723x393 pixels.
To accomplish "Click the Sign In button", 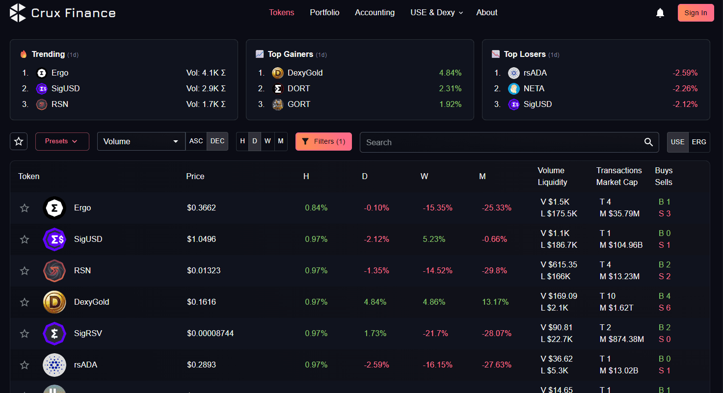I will (696, 13).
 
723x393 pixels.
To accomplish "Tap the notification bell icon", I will (660, 13).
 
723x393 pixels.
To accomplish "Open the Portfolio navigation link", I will (324, 13).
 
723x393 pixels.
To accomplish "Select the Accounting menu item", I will (375, 13).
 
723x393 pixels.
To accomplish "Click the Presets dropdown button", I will (62, 141).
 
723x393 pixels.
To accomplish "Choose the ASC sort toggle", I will (196, 141).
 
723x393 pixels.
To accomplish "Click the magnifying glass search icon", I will (648, 142).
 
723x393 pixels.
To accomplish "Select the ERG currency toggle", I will (698, 142).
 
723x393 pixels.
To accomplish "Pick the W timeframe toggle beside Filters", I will (268, 141).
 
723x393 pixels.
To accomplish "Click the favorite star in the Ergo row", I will (25, 208).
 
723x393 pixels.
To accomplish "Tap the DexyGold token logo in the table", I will (54, 302).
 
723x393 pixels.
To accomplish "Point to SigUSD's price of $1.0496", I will (201, 239).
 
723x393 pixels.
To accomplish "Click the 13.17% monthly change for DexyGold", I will (495, 302).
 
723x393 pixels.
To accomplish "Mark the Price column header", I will (195, 177).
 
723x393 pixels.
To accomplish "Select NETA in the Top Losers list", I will (534, 89).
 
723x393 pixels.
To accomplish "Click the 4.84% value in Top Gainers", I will (450, 73).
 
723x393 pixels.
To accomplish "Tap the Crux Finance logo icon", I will (18, 13).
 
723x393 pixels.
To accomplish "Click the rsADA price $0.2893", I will (201, 365).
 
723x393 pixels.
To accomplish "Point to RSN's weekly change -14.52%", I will (434, 271).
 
